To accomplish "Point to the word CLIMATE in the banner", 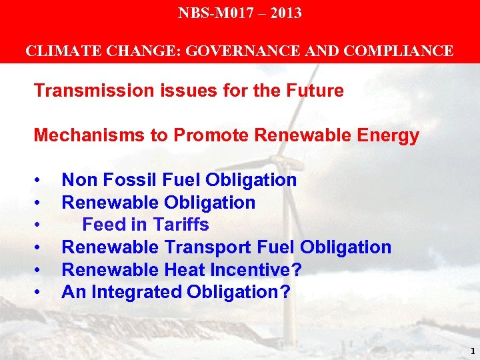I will [x=55, y=51].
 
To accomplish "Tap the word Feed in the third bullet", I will [x=101, y=225].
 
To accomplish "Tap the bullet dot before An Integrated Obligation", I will [x=41, y=293].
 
